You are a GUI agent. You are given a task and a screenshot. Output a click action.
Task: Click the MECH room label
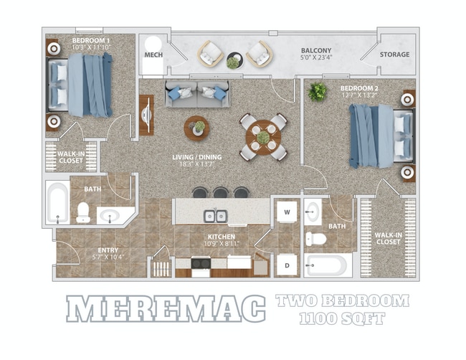tap(153, 55)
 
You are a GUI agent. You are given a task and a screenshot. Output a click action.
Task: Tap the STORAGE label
tap(394, 55)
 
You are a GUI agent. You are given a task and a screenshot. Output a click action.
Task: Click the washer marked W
tap(287, 212)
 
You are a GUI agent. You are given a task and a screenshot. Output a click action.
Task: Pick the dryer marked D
tap(287, 264)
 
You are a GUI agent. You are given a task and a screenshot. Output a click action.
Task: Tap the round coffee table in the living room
tap(196, 128)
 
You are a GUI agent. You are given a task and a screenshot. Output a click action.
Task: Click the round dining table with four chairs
tap(263, 136)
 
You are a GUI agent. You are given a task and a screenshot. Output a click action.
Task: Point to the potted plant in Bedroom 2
tap(317, 92)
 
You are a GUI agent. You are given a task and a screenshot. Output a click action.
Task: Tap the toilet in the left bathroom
tap(83, 212)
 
